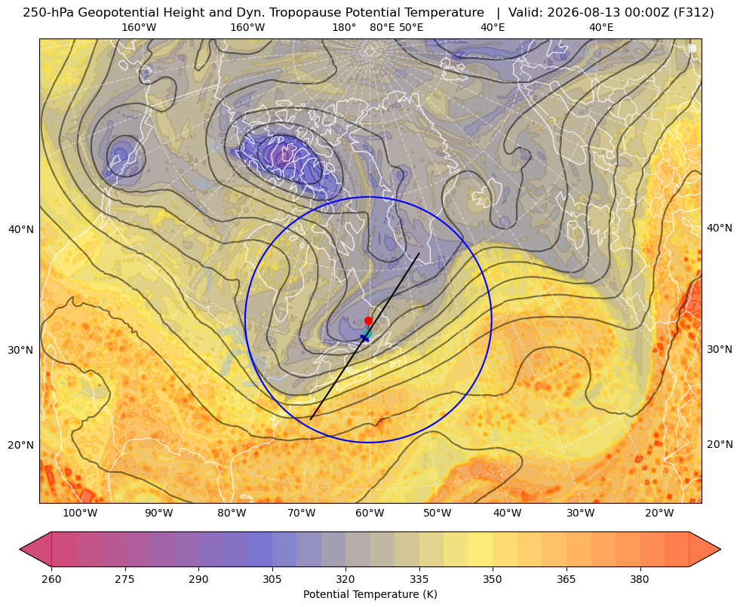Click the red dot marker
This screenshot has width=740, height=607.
(368, 320)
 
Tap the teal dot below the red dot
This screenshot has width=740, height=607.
(368, 333)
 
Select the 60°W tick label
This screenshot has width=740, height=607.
(370, 513)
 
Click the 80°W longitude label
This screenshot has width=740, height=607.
(232, 513)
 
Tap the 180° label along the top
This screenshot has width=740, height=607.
(344, 27)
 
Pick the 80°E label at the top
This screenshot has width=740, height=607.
(382, 27)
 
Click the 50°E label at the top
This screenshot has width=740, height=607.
(411, 27)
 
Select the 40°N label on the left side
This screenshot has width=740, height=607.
(21, 230)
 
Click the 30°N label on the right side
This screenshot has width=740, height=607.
(720, 349)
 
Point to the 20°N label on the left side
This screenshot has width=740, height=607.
(21, 445)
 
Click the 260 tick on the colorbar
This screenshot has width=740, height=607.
(51, 579)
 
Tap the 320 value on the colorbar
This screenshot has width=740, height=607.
(345, 579)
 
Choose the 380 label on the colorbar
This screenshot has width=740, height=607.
(640, 579)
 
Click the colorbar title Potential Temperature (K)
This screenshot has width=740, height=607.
(370, 594)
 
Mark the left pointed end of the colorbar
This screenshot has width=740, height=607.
(20, 549)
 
